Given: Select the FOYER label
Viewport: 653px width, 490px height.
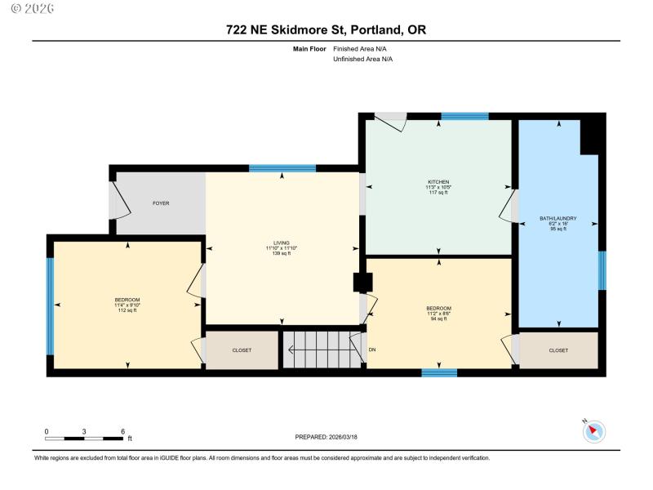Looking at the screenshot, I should [x=161, y=203].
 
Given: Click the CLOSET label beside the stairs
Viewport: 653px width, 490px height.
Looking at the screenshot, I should [x=242, y=350].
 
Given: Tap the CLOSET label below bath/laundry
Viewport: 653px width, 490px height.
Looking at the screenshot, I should [x=558, y=350].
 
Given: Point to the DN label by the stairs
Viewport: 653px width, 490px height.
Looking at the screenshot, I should [x=372, y=350].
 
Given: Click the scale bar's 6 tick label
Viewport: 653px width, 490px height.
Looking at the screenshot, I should [x=122, y=430].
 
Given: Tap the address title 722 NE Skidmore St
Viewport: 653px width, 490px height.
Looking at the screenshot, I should [x=326, y=30].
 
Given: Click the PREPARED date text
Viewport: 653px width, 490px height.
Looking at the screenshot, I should [x=326, y=438].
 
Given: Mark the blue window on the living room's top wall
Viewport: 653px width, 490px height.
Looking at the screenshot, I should [x=282, y=168].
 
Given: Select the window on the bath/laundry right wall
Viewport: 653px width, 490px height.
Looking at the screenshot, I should [x=602, y=270].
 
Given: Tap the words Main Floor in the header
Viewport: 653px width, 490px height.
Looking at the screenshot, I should [x=310, y=49].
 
